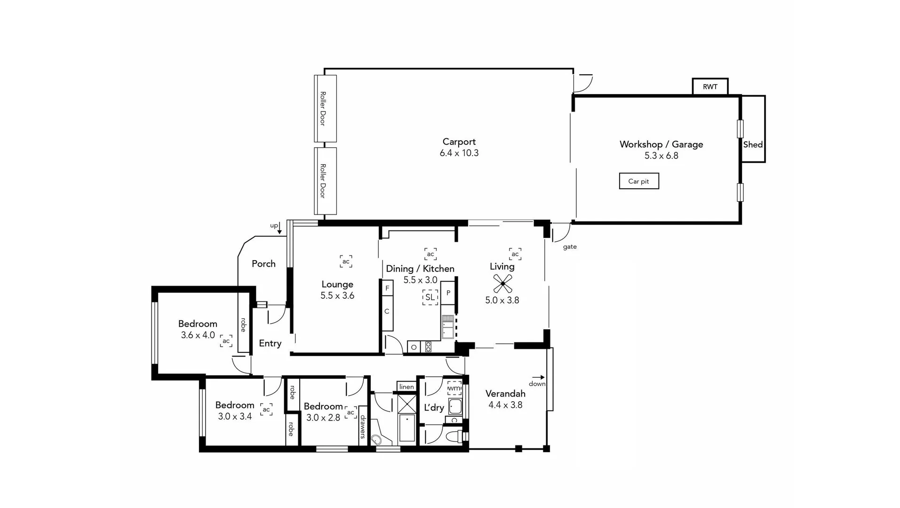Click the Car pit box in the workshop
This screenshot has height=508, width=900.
tap(638, 181)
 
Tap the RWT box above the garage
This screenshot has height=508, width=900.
tap(710, 87)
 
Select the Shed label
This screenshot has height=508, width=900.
tap(752, 145)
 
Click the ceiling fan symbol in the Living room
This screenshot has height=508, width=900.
tap(502, 284)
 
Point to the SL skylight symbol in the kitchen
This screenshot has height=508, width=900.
tap(430, 297)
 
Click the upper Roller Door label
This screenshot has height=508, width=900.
tap(323, 109)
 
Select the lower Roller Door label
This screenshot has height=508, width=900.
tap(323, 181)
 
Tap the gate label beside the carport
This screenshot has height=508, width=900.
tap(569, 247)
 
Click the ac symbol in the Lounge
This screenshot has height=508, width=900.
tap(346, 262)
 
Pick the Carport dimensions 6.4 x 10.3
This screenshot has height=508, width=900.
tap(459, 153)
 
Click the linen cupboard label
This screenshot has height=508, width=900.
tap(406, 387)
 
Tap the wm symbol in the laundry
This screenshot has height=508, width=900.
tap(454, 389)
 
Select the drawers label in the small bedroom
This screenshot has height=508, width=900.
tap(363, 426)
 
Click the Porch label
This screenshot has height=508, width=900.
tap(263, 264)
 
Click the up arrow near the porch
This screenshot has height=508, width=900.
tap(279, 229)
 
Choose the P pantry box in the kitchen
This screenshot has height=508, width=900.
tap(448, 293)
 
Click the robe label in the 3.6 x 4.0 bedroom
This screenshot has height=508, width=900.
tap(243, 325)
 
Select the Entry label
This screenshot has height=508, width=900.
tap(270, 343)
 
